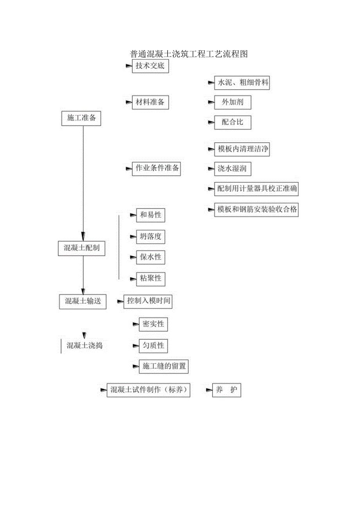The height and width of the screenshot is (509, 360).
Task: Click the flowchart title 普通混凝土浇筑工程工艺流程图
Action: [x=189, y=54]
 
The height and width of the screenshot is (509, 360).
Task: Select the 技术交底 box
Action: [x=150, y=66]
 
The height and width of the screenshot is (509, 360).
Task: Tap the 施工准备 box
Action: [x=81, y=118]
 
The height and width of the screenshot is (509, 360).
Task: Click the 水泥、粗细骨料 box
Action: [x=242, y=83]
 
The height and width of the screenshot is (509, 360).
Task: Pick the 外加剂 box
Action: [x=232, y=103]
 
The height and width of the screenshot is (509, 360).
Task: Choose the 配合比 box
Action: [x=232, y=122]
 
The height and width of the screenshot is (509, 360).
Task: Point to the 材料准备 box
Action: [x=150, y=103]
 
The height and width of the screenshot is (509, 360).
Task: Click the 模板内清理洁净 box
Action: [x=242, y=149]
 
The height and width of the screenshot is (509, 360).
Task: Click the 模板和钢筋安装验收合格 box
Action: [x=256, y=210]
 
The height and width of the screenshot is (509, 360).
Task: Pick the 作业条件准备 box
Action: [x=156, y=169]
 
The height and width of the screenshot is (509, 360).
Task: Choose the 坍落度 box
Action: [x=151, y=237]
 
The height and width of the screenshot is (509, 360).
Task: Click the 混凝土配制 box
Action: [x=81, y=248]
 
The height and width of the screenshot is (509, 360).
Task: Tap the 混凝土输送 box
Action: [x=83, y=301]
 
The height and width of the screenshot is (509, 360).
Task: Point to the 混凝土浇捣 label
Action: [x=85, y=346]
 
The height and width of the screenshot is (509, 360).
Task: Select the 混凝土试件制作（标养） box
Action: [x=148, y=390]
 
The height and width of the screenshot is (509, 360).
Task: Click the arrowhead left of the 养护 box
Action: [x=209, y=390]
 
